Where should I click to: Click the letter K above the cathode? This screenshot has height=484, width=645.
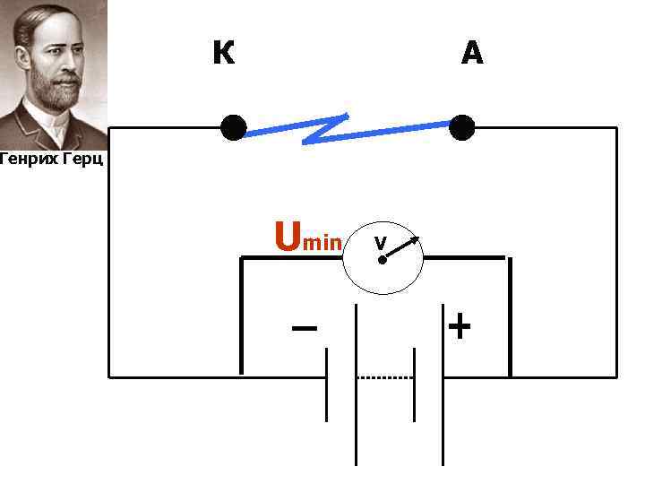pos(224,54)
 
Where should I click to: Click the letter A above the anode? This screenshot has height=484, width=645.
pos(472,54)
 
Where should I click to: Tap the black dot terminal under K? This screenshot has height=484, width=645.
pos(233,128)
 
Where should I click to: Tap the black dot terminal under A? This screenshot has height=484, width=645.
pos(462,128)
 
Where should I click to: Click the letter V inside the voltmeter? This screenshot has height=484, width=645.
pos(380,243)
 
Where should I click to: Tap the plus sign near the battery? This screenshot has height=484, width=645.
pos(459,326)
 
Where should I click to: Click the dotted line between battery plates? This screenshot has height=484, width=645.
pos(385,377)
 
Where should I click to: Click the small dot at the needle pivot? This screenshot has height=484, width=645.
pos(382,260)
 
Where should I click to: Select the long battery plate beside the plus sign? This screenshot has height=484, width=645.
pos(444,385)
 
